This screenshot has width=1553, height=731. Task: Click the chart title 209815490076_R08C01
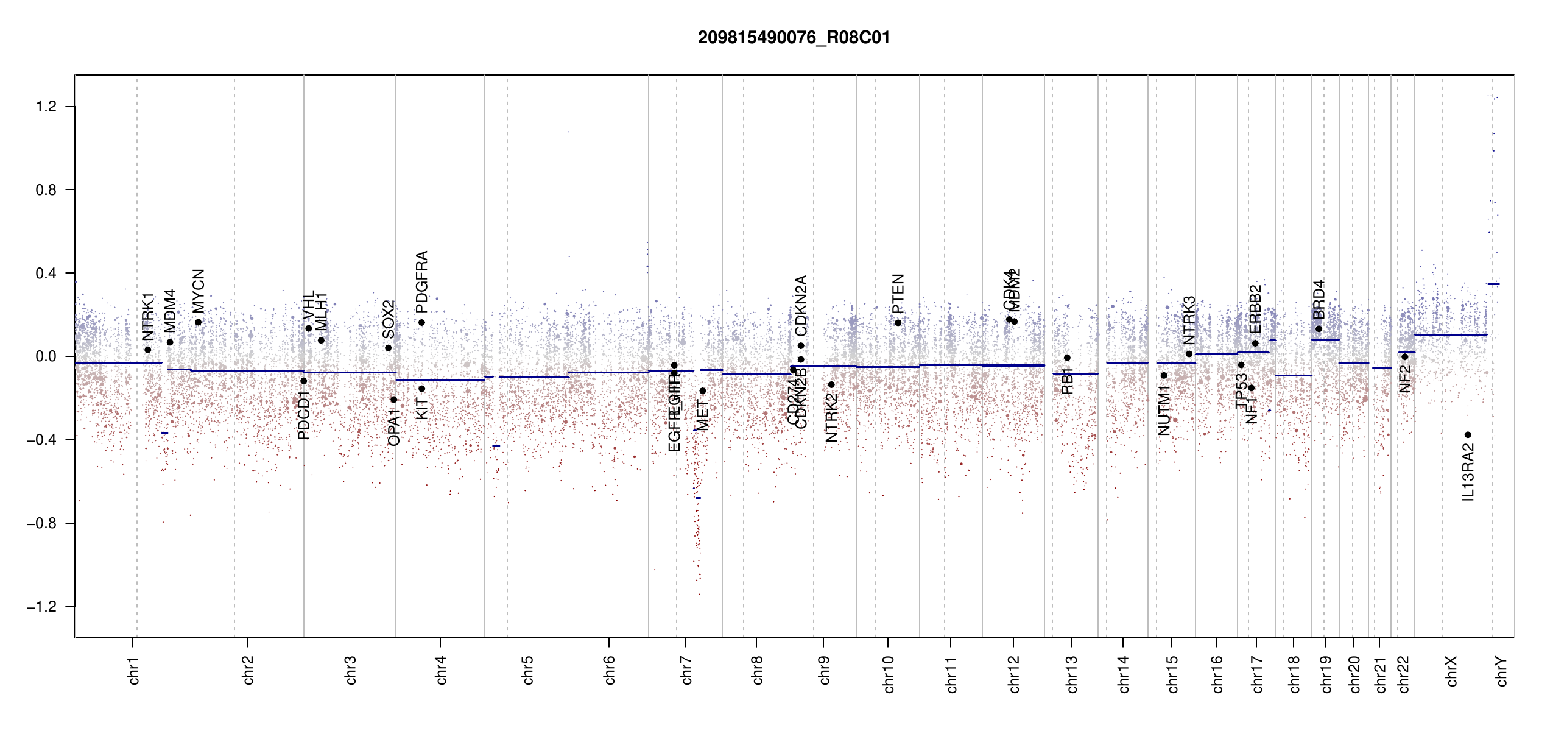[794, 38]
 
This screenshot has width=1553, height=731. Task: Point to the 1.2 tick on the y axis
[46, 107]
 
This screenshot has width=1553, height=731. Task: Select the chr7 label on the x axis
[686, 670]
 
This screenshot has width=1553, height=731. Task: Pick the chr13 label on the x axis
[1072, 674]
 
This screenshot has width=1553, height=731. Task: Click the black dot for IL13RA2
[1468, 435]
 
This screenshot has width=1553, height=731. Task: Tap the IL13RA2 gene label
[1468, 473]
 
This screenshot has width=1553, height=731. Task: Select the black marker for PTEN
[898, 323]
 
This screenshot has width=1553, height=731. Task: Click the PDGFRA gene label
[421, 281]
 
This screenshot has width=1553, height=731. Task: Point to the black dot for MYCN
[198, 322]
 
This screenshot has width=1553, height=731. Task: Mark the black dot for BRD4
[1319, 329]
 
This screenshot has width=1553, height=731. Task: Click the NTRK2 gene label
[831, 417]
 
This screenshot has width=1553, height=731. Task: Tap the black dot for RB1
[1067, 358]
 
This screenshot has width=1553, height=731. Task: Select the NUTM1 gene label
[1164, 410]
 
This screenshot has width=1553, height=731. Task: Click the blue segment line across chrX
[1450, 334]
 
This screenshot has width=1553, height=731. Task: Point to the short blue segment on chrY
[1493, 284]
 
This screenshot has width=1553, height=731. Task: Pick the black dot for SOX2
[388, 348]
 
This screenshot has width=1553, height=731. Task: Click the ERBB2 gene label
[1255, 309]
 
